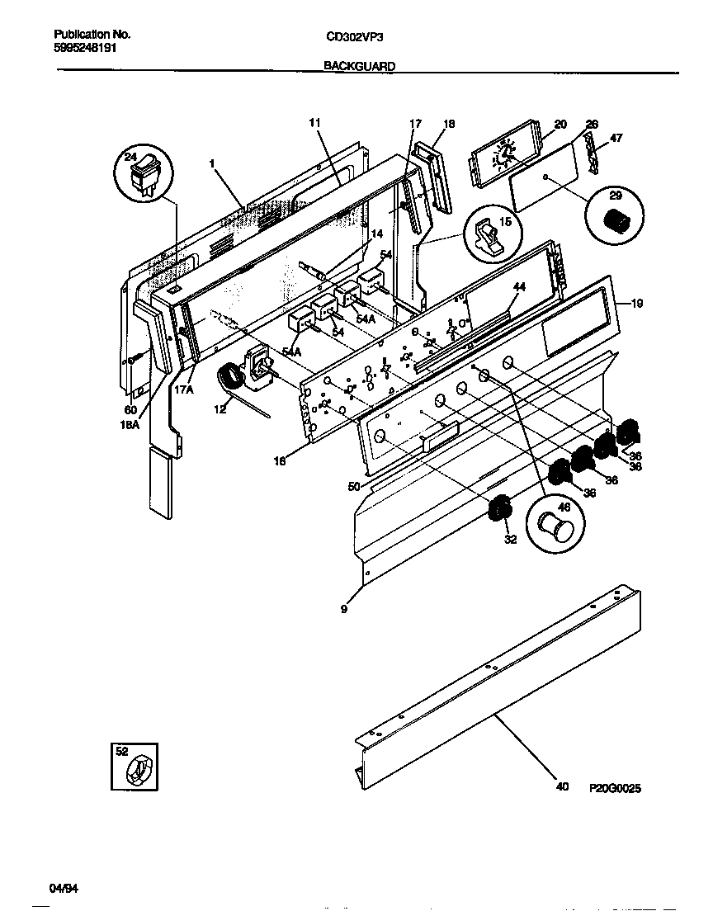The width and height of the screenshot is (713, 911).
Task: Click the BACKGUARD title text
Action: coord(359,65)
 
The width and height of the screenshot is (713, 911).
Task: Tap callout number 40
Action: coord(562,787)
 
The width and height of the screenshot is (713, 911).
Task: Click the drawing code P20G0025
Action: coord(615,788)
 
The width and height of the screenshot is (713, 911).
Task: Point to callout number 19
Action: coord(636,302)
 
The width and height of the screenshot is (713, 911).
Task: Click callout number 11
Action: coord(314,122)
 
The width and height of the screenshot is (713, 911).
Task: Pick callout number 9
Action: coord(344,611)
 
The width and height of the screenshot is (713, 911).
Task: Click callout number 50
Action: coord(353,488)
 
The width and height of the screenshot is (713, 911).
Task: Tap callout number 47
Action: coord(616,138)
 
